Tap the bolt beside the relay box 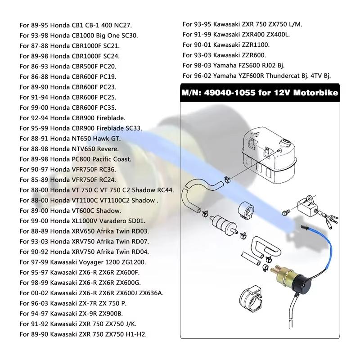(x=284, y=211)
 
